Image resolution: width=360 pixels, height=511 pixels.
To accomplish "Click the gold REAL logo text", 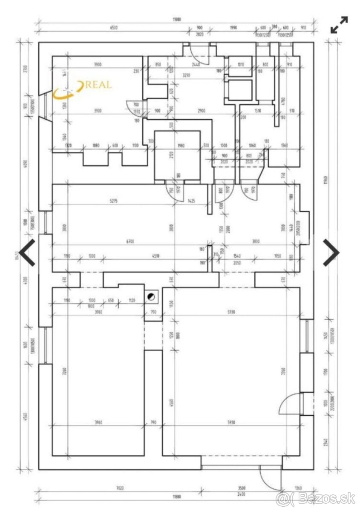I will pos(98,85).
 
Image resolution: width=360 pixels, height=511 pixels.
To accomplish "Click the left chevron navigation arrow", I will pos(27,253).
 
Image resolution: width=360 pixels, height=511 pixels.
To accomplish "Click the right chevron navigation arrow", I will pos(331,253).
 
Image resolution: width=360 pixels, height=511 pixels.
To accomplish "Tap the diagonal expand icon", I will pos(340,25).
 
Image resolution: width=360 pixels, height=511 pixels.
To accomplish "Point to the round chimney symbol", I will pos(150,297).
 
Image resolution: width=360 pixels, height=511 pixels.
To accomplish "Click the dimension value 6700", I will pos(130,241).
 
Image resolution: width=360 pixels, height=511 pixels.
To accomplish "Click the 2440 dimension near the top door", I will pos(196,65).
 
